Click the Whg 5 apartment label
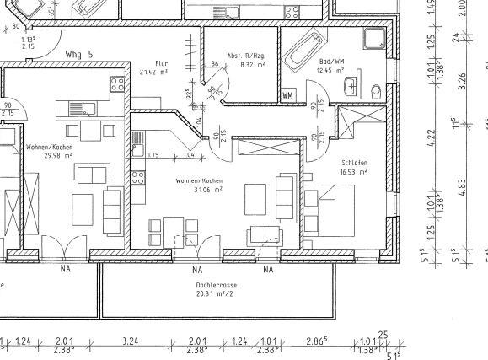[78, 53]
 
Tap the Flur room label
[162, 63]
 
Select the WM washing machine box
[287, 95]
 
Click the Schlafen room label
[354, 163]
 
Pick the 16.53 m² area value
[354, 171]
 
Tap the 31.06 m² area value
[206, 190]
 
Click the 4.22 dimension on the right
[433, 134]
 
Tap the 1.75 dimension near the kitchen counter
[153, 155]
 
